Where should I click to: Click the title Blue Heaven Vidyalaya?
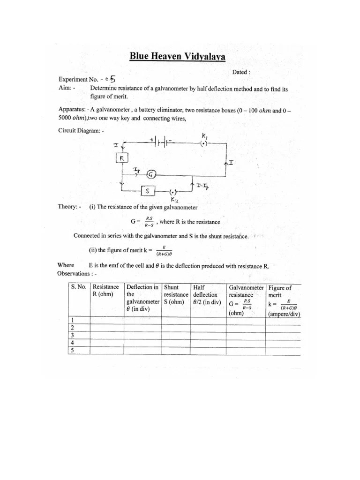click(177, 57)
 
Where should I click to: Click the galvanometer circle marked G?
click(151, 174)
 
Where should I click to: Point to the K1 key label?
click(205, 135)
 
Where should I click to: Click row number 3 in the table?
click(73, 335)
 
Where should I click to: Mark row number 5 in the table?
click(73, 350)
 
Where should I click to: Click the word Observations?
click(73, 273)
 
